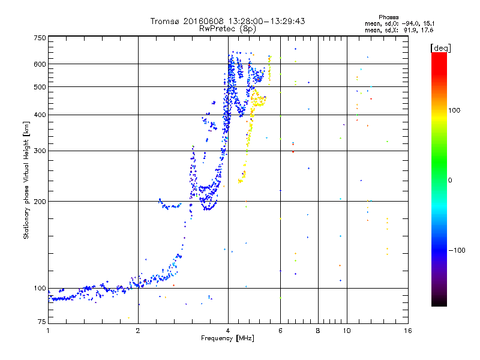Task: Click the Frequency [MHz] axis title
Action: pyautogui.click(x=227, y=339)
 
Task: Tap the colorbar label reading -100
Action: pyautogui.click(x=458, y=250)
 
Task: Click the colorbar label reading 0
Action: pyautogui.click(x=450, y=180)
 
